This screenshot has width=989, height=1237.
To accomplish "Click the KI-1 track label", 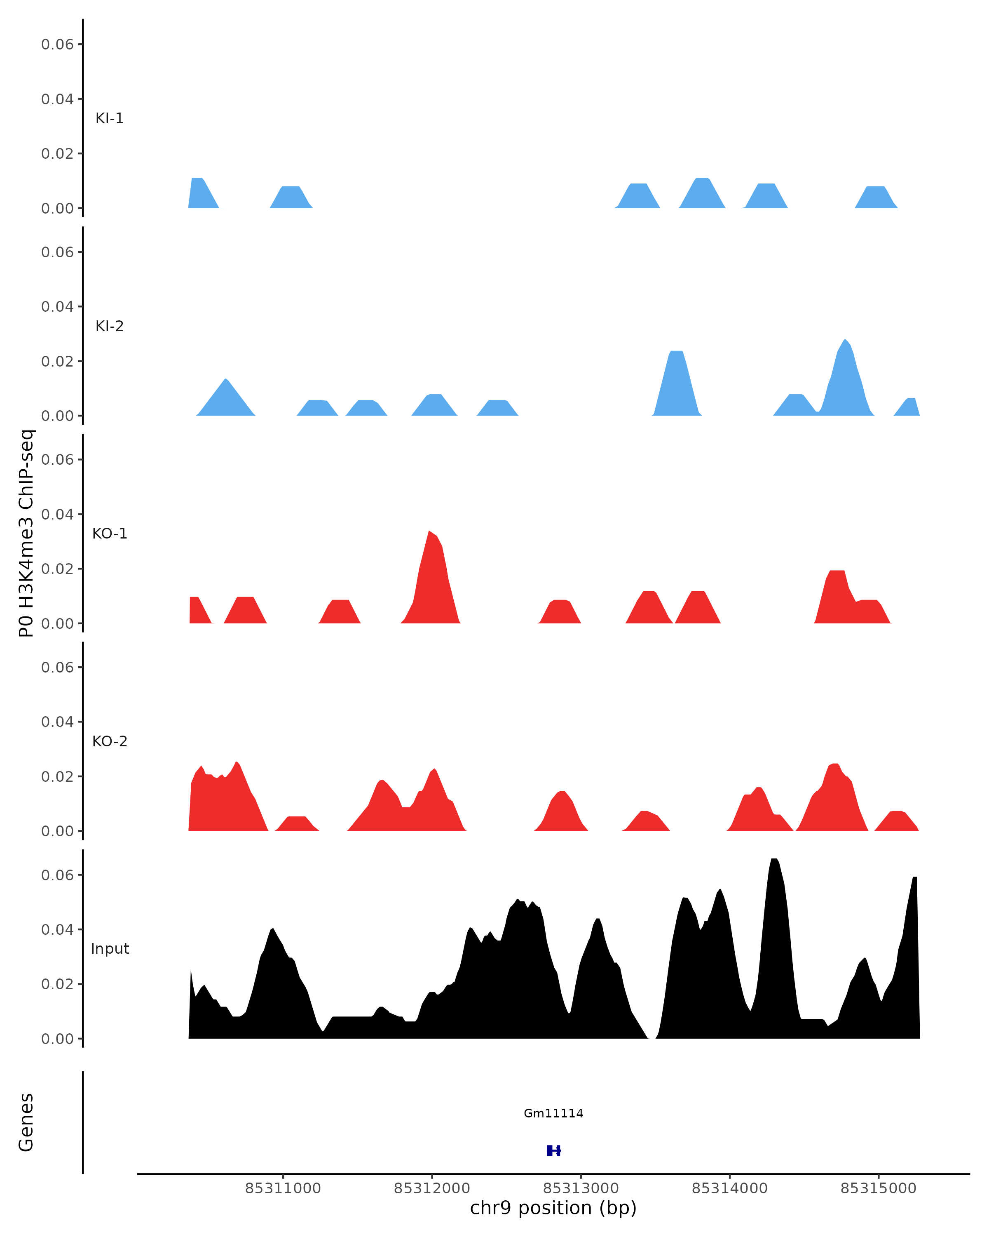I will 110,119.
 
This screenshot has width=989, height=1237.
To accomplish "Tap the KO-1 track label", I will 110,534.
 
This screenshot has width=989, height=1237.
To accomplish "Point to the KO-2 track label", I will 110,741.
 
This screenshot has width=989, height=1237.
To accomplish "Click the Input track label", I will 110,949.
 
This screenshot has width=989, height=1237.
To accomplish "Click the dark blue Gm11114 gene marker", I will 553,1151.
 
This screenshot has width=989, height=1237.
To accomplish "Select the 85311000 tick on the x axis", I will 283,1188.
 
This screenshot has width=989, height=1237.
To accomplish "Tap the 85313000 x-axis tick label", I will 581,1189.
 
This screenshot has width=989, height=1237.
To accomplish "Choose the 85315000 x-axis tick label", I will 878,1189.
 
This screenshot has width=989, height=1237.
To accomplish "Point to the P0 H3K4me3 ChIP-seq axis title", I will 26,533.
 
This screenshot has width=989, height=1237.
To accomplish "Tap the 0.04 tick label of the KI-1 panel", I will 57,99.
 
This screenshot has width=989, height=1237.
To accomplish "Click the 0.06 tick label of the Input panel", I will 57,875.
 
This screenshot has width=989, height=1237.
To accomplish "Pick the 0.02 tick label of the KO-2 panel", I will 57,777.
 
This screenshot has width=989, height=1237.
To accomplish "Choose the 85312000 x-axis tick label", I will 432,1189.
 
